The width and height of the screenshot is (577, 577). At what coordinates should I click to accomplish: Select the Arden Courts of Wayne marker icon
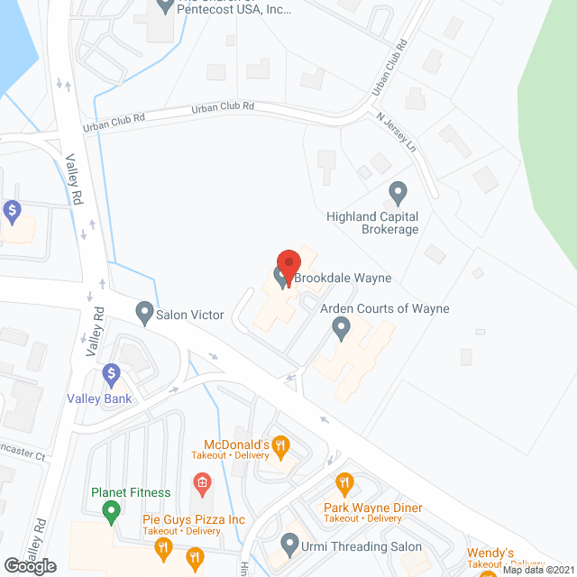(342, 329)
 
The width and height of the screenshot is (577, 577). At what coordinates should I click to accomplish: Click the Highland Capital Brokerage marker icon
(397, 192)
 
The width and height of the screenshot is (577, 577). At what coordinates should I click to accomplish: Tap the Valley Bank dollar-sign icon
(111, 372)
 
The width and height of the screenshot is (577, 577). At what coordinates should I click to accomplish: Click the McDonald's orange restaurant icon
(281, 444)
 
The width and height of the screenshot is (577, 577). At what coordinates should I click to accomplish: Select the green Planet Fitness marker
(112, 513)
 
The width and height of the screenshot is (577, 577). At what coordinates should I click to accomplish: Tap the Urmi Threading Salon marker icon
(289, 544)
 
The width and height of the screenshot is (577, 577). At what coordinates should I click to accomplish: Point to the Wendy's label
(490, 553)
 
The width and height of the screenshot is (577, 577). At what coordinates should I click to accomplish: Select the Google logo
(31, 565)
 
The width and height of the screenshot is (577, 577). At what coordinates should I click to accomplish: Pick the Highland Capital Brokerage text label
(373, 223)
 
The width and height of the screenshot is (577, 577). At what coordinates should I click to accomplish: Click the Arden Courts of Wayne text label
(385, 309)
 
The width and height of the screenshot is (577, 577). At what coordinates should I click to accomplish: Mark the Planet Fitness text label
(131, 492)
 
